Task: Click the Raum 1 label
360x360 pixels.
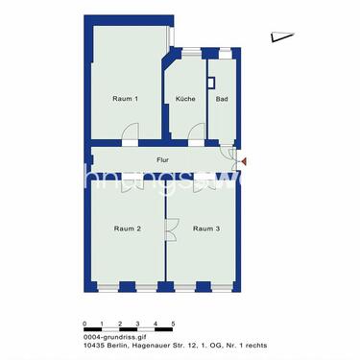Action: point(126,99)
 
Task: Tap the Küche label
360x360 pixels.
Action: point(186,99)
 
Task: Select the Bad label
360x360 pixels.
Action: point(222,99)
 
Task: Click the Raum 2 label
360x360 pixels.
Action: point(128,228)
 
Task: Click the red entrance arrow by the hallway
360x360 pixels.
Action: point(244,162)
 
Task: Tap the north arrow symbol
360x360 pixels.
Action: point(280,36)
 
